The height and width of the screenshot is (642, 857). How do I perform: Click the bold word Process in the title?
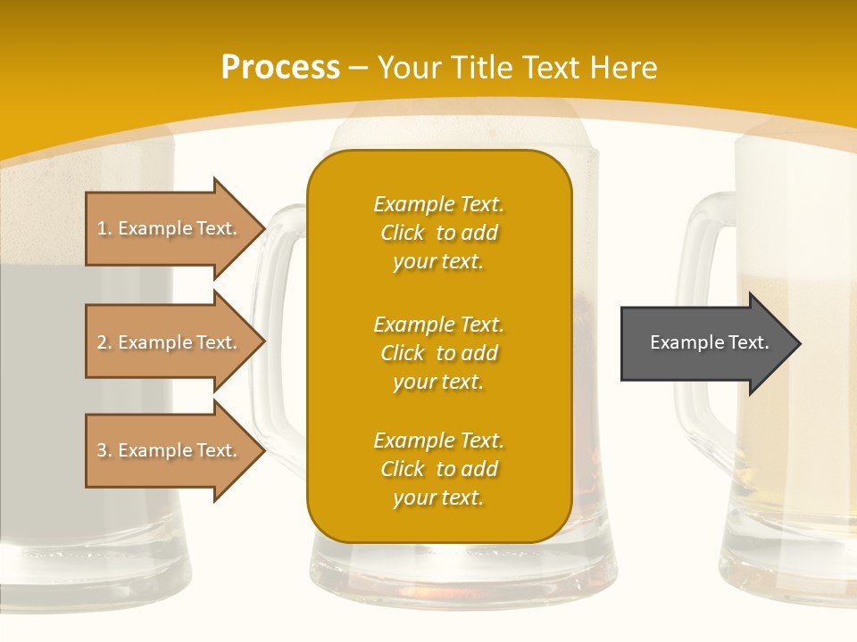tap(280, 68)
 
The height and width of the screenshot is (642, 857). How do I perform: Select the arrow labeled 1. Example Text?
tap(170, 228)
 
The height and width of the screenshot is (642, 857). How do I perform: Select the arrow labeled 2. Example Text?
tap(170, 342)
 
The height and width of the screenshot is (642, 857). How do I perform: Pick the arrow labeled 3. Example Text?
tap(170, 450)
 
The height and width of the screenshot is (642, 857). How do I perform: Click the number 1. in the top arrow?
tap(104, 228)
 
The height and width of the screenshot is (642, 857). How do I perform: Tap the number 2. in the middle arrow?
tap(104, 342)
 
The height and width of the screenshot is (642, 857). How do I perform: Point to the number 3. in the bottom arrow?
tap(104, 450)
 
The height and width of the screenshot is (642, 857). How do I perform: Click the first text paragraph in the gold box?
tap(438, 233)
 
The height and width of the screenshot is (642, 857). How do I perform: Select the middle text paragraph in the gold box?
tap(438, 353)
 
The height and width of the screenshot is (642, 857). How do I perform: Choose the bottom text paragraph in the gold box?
tap(438, 469)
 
